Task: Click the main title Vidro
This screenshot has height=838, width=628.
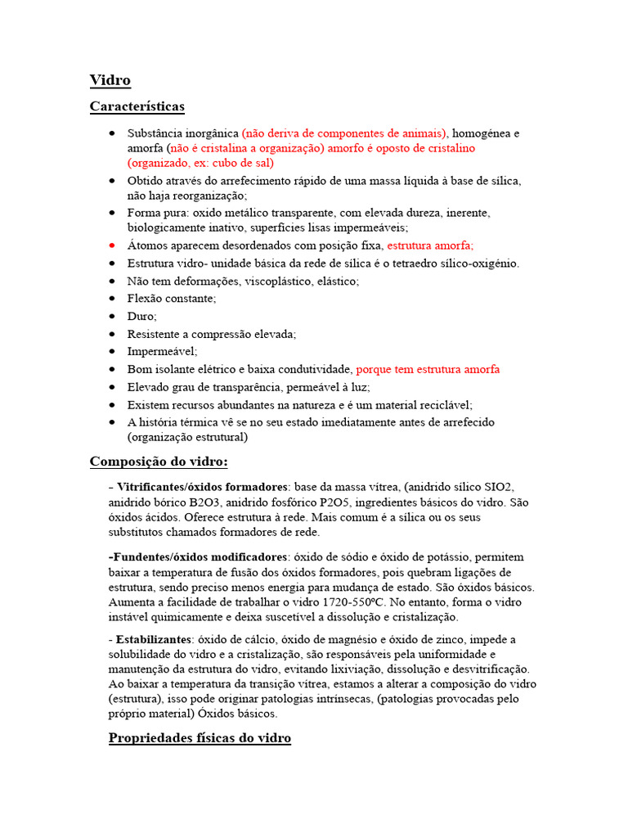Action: point(110,80)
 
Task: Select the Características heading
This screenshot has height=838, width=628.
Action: point(137,106)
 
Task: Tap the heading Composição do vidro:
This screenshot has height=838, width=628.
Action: point(159,462)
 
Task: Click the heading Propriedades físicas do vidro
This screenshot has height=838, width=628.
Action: point(200,738)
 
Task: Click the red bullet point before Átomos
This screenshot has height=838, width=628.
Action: point(112,246)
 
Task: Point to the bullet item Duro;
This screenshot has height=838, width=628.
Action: point(141,316)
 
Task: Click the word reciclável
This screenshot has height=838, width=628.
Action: point(444,404)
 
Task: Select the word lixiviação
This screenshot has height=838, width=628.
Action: point(369,669)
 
